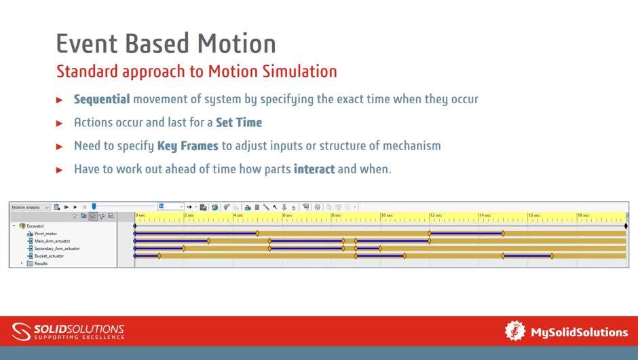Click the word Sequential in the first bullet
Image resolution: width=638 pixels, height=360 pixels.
[x=101, y=99]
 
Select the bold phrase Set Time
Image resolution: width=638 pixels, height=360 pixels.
[x=238, y=123]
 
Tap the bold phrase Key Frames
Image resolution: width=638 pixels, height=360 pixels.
[x=187, y=146]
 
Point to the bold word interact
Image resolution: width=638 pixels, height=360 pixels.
[x=314, y=169]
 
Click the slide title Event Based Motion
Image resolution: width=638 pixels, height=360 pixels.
[x=166, y=43]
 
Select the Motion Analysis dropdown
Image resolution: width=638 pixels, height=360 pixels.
[x=30, y=207]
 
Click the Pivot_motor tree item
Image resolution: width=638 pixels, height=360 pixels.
[x=46, y=234]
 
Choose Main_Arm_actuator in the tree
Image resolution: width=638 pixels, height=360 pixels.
[x=52, y=241]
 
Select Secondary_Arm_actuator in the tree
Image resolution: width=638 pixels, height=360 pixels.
[x=56, y=249]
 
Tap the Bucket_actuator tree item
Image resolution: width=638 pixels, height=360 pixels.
[x=49, y=256]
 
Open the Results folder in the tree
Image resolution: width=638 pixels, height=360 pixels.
[x=40, y=264]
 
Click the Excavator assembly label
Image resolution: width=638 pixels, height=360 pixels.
[x=35, y=226]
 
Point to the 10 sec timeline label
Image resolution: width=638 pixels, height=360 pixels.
[x=387, y=215]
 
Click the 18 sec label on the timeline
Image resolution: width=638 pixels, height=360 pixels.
[x=583, y=215]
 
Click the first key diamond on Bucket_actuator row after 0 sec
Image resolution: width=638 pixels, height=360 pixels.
[x=159, y=256]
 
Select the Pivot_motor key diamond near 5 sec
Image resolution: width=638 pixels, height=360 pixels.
[x=257, y=234]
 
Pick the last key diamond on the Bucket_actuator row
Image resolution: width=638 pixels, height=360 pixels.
[x=552, y=256]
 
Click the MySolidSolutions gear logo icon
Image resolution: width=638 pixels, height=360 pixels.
[x=515, y=331]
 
